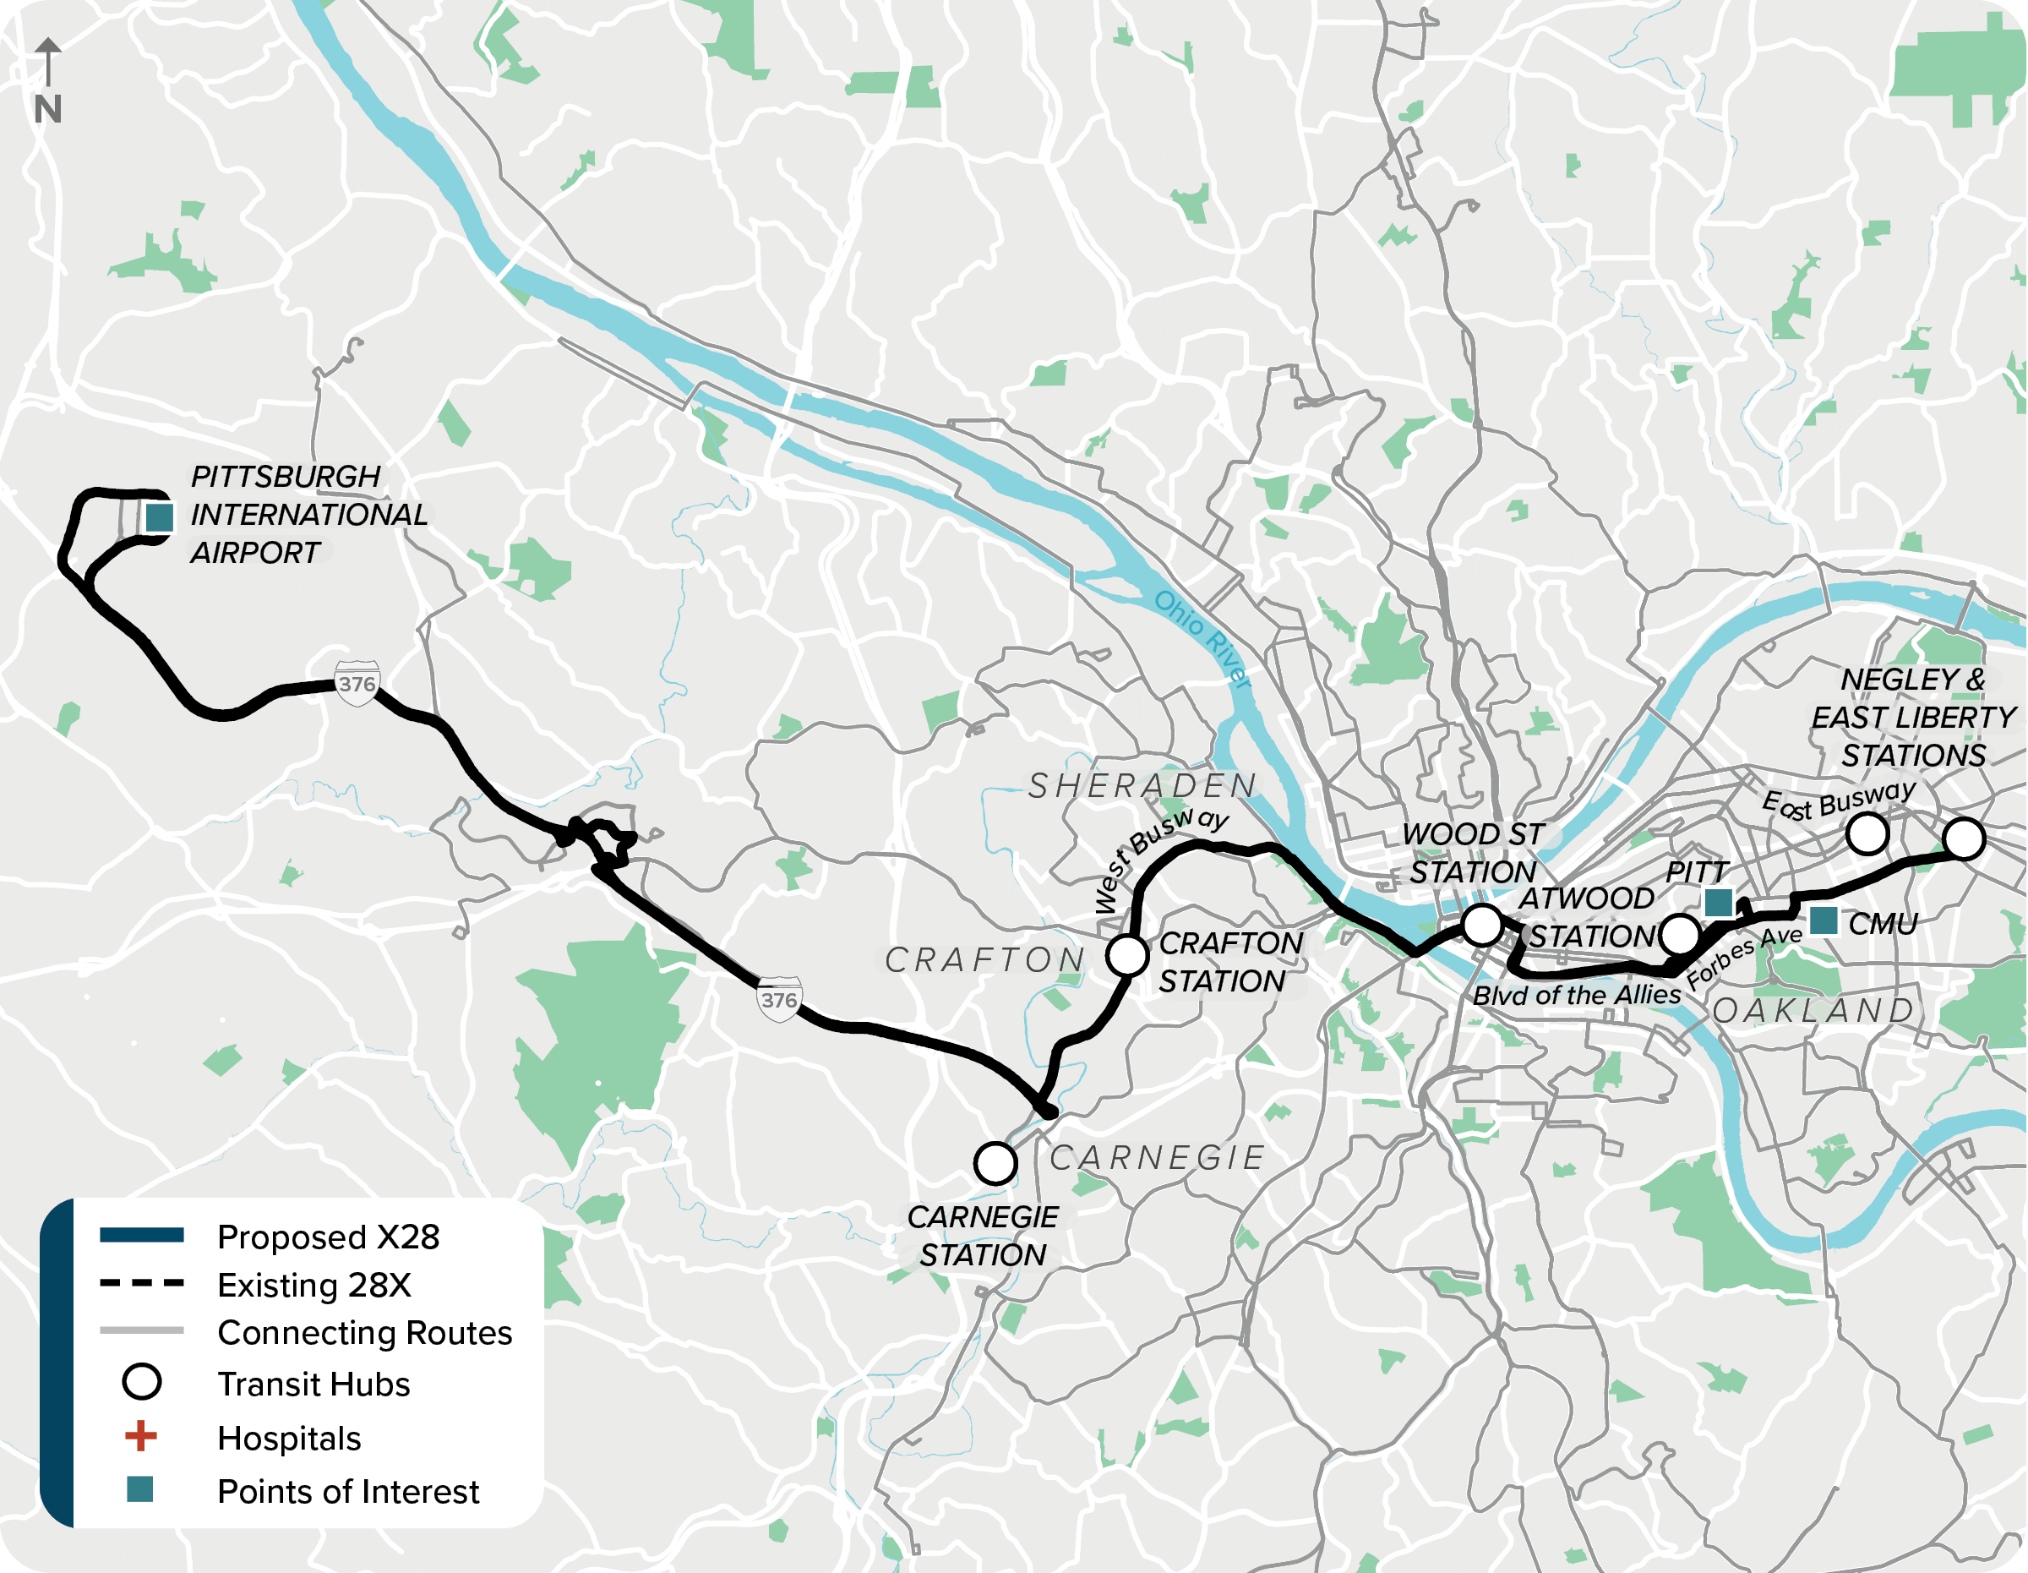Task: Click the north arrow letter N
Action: point(47,110)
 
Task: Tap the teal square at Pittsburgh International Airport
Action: point(159,517)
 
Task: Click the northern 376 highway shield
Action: point(357,684)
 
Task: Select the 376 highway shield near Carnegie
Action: point(778,999)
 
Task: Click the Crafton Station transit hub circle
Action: point(1126,954)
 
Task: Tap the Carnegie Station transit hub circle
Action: point(995,1162)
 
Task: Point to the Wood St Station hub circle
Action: point(1481,925)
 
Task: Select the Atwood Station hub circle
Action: point(1679,934)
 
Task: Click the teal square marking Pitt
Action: point(1718,902)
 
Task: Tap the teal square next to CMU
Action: point(1823,920)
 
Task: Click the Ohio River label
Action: point(1202,639)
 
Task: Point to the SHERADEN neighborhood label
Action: point(1142,785)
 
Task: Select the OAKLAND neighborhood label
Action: point(1813,1010)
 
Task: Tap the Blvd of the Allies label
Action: point(1577,996)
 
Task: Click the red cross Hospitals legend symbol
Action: point(140,1437)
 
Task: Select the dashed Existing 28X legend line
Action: point(141,1283)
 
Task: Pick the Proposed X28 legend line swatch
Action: point(141,1235)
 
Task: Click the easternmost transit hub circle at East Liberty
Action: point(1963,838)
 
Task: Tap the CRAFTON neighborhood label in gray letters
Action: point(984,960)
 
